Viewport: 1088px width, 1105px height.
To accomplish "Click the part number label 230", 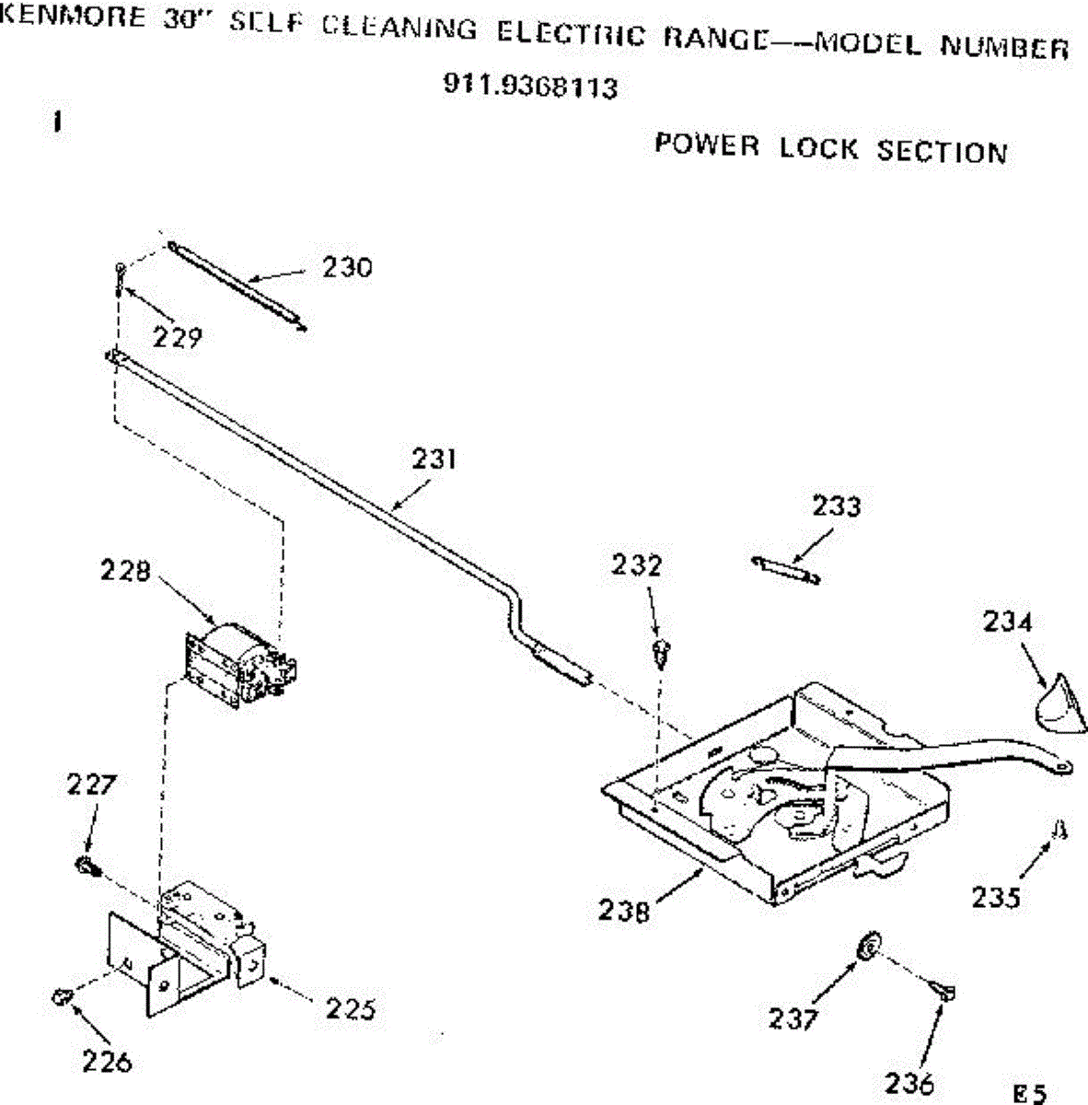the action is (347, 268).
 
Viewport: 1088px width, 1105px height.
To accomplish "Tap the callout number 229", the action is (177, 338).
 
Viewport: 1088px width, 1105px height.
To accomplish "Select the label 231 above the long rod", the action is (434, 459).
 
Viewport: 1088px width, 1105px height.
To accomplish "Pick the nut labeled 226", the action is (62, 996).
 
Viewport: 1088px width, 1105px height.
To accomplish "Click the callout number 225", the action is (351, 1009).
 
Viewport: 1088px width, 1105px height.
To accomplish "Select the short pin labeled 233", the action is (785, 569).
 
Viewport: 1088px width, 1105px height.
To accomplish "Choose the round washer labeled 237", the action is (866, 947).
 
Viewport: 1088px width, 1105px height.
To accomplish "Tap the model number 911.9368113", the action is (531, 87).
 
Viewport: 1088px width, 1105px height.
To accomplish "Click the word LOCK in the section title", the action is (818, 148).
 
